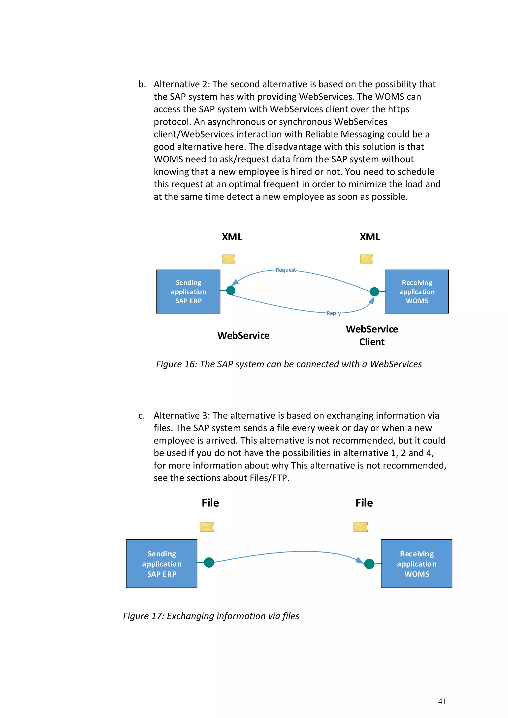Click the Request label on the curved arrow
click(x=286, y=270)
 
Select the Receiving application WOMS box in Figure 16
click(x=417, y=291)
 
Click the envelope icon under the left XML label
click(x=229, y=259)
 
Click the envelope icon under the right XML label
click(x=367, y=259)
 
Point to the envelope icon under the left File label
click(x=207, y=527)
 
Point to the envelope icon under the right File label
click(x=361, y=527)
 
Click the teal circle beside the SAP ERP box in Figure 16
click(x=231, y=291)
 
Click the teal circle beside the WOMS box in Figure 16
click(x=374, y=292)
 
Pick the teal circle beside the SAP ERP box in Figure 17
click(x=209, y=562)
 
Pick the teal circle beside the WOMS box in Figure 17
click(x=369, y=564)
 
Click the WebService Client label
click(x=372, y=335)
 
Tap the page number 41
click(x=442, y=701)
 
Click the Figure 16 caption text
click(x=289, y=364)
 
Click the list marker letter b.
click(x=142, y=84)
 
